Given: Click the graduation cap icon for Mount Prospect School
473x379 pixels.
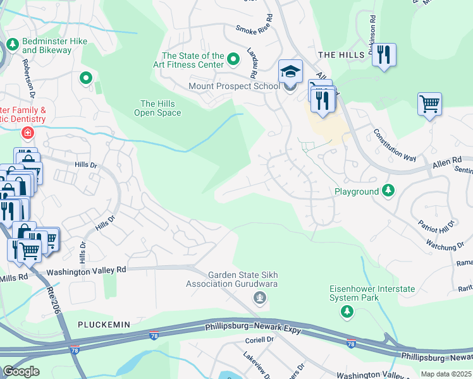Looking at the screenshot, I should (x=290, y=71).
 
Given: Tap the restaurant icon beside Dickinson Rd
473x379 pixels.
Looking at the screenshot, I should (x=383, y=55).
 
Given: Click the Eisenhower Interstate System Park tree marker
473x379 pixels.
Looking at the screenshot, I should (x=347, y=311).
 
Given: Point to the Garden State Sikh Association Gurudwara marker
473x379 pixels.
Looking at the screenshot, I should (x=258, y=297).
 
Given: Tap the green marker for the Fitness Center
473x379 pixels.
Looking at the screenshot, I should (x=233, y=60).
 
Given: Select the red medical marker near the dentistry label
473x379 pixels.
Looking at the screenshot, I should (x=27, y=133).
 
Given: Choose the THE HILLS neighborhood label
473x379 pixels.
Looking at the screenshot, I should (x=341, y=55).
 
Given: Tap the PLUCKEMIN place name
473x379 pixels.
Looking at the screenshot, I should (x=104, y=324).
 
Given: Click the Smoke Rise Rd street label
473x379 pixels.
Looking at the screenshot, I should (x=254, y=28).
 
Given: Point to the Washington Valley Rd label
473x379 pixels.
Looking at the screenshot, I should (x=86, y=269).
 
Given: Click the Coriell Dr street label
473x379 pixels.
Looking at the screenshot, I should (x=259, y=339).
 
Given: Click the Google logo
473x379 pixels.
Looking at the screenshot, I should (x=21, y=371).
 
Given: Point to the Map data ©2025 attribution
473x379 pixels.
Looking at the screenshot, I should (x=446, y=374).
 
